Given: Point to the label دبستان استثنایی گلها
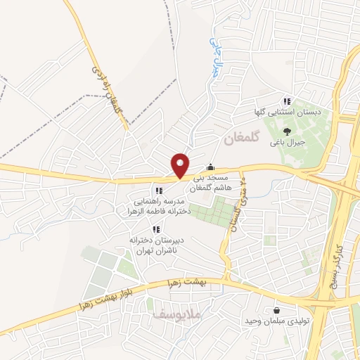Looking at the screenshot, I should tap(288, 112).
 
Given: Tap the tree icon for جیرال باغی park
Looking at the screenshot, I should tap(286, 131).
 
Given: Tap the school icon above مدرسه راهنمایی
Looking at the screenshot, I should tap(159, 190).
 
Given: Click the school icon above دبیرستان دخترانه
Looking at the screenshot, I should tap(155, 229).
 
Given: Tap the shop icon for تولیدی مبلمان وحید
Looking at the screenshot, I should tap(276, 310).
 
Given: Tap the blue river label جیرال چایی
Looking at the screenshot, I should tap(213, 57).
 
